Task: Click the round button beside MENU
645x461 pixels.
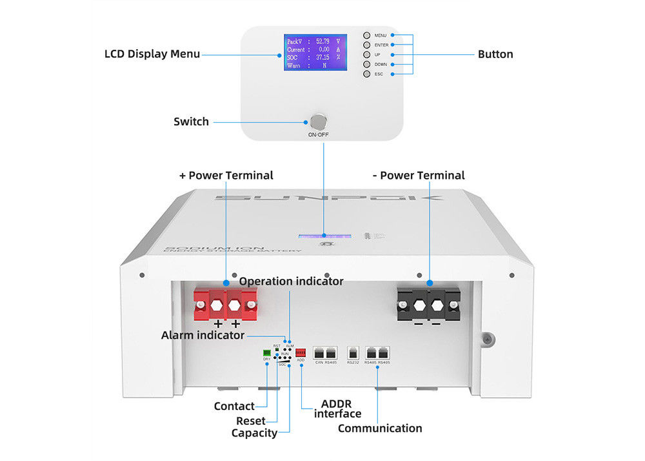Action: (366, 36)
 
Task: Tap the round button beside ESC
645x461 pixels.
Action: (366, 74)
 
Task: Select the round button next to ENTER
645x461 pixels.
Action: (366, 45)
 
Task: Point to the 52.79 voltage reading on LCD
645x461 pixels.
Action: (322, 41)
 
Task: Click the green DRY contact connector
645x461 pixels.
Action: (266, 353)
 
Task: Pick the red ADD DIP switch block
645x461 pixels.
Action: (301, 353)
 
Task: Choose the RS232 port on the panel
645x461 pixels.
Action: (353, 353)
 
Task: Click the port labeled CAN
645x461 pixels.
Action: (319, 353)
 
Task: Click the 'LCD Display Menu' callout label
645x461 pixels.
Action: (152, 54)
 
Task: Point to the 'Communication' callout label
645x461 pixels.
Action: (380, 428)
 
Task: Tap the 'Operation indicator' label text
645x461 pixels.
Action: (291, 282)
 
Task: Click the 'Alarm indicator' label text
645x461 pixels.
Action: (203, 335)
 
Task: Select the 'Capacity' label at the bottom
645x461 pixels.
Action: (254, 433)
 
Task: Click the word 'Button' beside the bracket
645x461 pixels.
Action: (495, 54)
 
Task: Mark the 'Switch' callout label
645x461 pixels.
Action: (191, 121)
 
